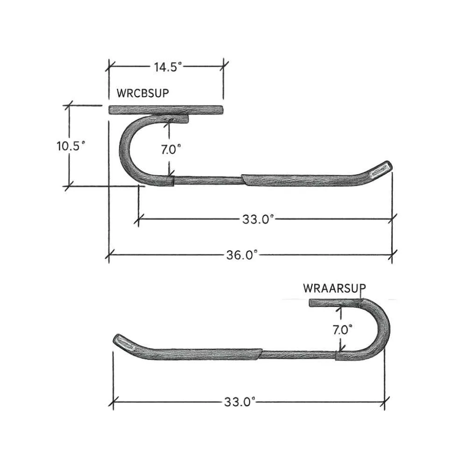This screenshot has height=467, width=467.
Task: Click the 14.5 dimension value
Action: point(168,67)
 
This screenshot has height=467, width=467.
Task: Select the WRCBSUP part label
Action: point(142,93)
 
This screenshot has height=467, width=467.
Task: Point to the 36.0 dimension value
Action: point(241,255)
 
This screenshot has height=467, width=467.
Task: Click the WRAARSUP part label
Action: point(334,288)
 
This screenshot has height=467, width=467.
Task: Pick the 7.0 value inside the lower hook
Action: point(342,330)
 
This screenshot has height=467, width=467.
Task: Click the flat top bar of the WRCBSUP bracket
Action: point(166,110)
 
